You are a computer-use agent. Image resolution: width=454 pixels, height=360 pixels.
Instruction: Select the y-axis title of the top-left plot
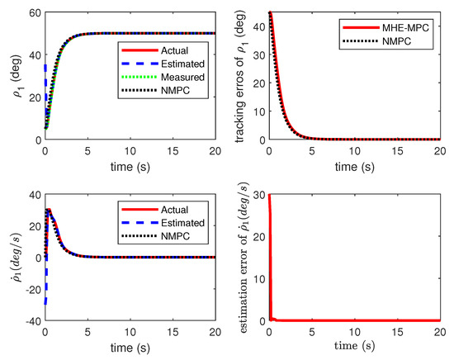click(10, 77)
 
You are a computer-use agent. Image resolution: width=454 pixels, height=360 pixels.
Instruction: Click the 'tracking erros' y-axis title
click(239, 77)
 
